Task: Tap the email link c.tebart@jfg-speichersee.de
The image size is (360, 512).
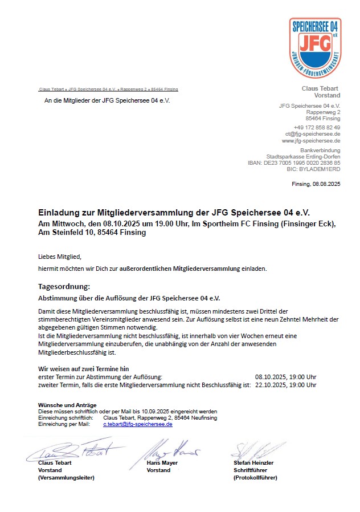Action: click(x=137, y=424)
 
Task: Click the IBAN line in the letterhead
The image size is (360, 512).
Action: click(x=294, y=162)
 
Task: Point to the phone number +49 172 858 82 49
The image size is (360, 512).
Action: click(x=317, y=127)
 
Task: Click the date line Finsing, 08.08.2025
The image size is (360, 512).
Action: click(x=316, y=184)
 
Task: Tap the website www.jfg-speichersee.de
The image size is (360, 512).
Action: click(x=311, y=140)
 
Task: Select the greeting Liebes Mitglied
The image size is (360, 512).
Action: click(x=60, y=257)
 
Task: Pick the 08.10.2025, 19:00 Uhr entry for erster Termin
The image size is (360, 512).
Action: click(x=285, y=377)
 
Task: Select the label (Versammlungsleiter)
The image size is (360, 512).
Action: click(x=66, y=478)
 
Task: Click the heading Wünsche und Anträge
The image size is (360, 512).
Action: click(x=63, y=405)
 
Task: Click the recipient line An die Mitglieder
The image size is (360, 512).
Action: click(x=107, y=100)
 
